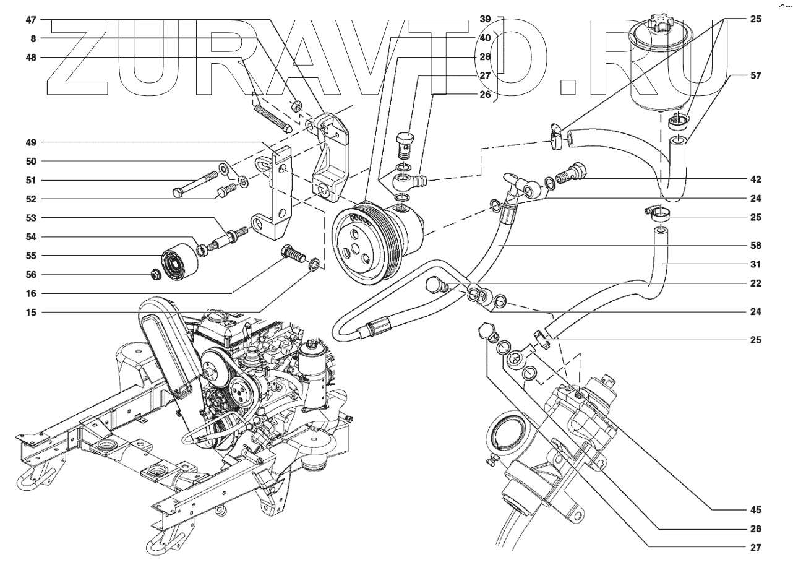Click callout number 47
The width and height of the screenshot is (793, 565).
coord(31,19)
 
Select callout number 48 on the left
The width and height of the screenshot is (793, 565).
coord(31,58)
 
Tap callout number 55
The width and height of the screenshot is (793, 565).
coord(31,256)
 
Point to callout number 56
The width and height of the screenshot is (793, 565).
coord(31,275)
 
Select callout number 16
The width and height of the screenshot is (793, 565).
coord(31,293)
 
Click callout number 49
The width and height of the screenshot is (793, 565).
coord(31,142)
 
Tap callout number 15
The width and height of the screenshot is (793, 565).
coord(31,313)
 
